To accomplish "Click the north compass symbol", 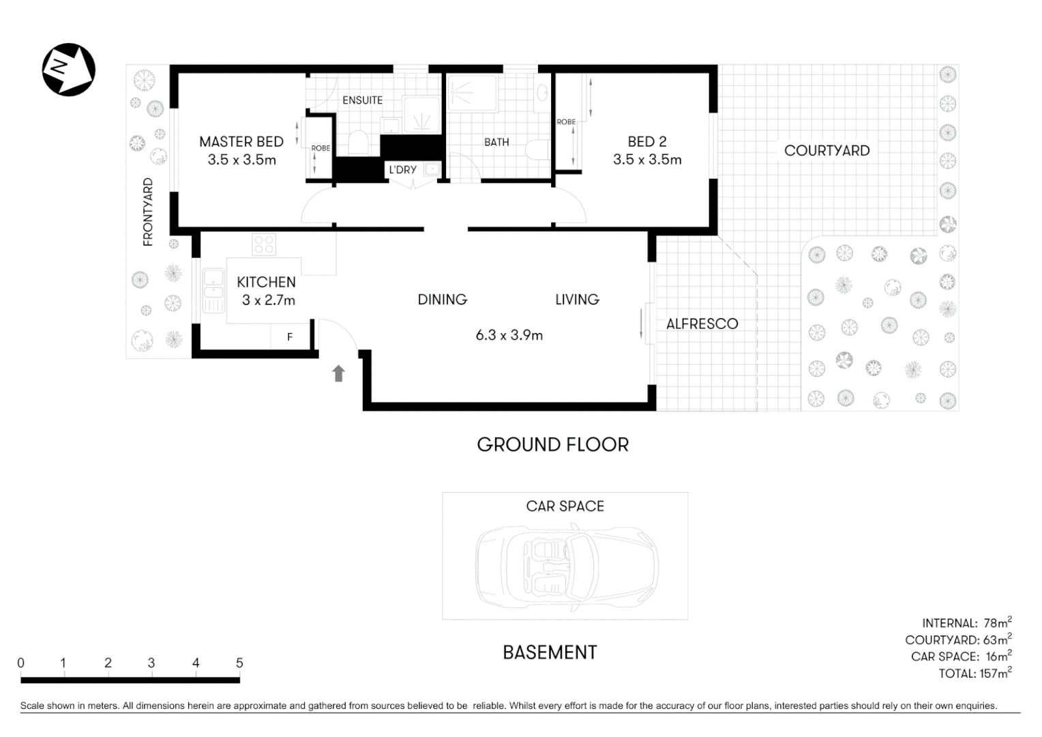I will pyautogui.click(x=68, y=69).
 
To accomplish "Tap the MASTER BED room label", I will pyautogui.click(x=241, y=142).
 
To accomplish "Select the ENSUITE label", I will pyautogui.click(x=362, y=100).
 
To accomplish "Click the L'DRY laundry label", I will pyautogui.click(x=402, y=169).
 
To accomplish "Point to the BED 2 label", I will pyautogui.click(x=646, y=142).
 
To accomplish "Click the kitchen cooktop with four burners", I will pyautogui.click(x=264, y=244).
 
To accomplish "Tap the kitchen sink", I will pyautogui.click(x=213, y=290).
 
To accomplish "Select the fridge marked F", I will pyautogui.click(x=290, y=337).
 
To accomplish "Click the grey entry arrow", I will pyautogui.click(x=338, y=373).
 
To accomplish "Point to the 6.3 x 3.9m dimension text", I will pyautogui.click(x=509, y=335).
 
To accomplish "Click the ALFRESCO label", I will pyautogui.click(x=702, y=324).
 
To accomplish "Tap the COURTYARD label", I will pyautogui.click(x=827, y=151).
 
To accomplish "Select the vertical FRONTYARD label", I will pyautogui.click(x=148, y=212).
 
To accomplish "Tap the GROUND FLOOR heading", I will pyautogui.click(x=552, y=445).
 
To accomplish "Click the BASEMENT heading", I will pyautogui.click(x=550, y=652).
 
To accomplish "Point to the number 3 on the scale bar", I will pyautogui.click(x=151, y=663).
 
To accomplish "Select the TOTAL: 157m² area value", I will pyautogui.click(x=974, y=674).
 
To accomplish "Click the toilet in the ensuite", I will pyautogui.click(x=358, y=144).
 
